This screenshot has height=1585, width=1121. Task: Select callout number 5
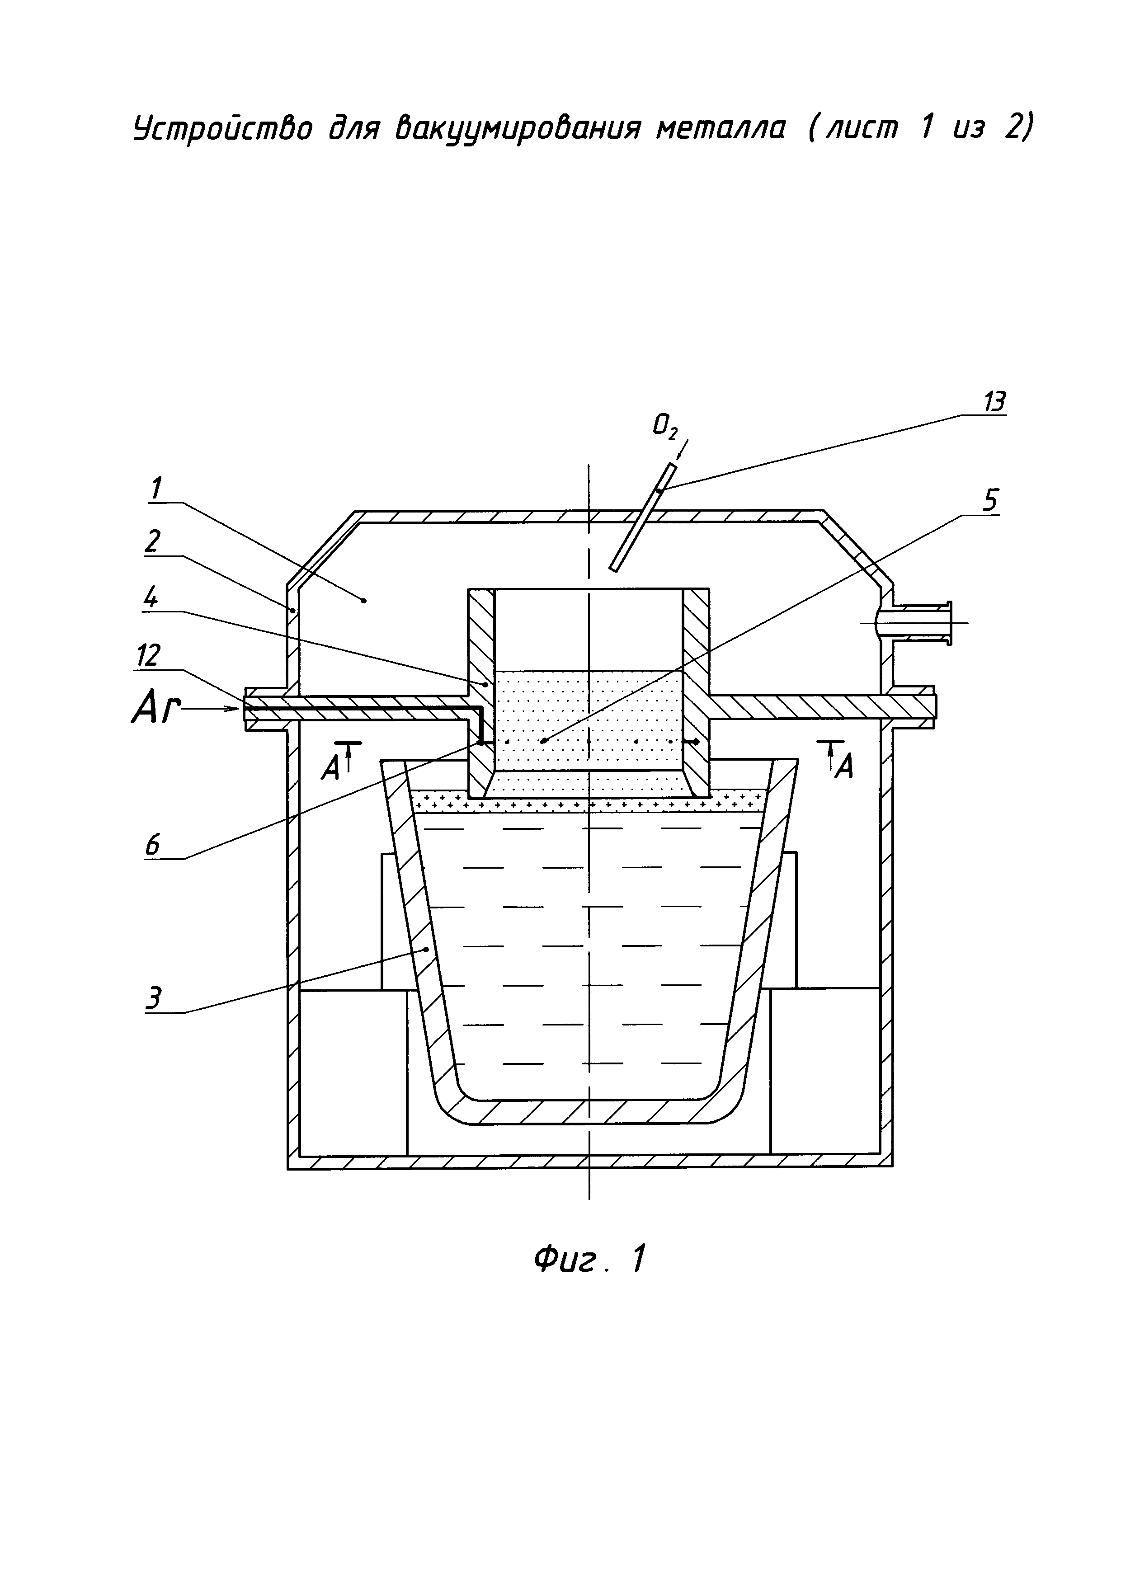pos(990,500)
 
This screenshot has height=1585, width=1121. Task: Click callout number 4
pos(151,598)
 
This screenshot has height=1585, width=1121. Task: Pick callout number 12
pos(149,656)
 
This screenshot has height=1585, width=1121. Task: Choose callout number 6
pos(152,845)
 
